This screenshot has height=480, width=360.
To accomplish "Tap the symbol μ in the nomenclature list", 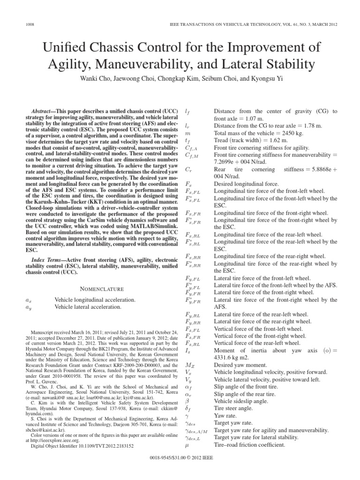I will click(x=187, y=444).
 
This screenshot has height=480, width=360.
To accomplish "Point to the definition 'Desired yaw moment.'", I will click(x=240, y=365).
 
